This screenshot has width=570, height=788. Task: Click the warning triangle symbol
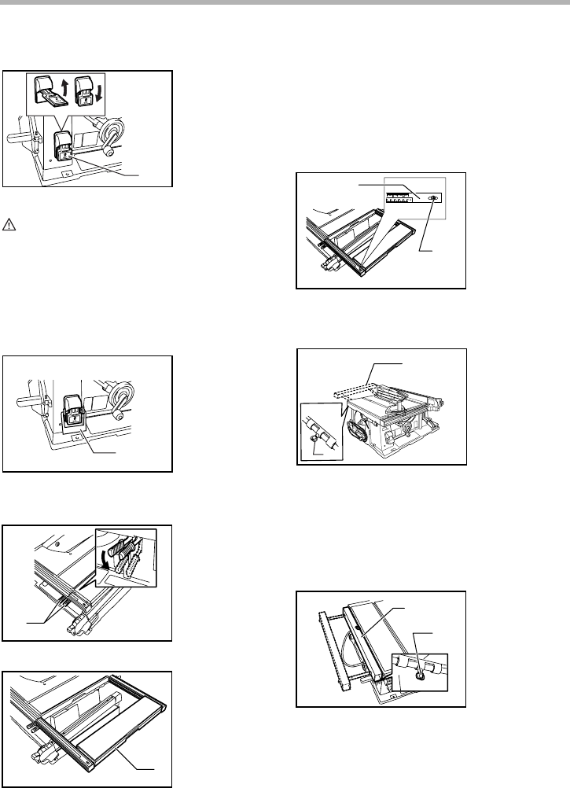point(9,224)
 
